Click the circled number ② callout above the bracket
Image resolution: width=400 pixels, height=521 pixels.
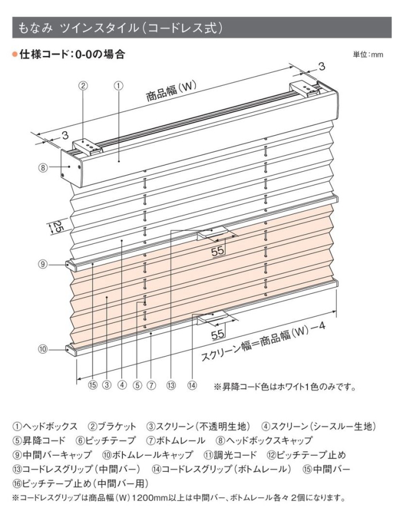point(83,86)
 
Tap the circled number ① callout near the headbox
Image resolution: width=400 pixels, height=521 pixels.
point(119,86)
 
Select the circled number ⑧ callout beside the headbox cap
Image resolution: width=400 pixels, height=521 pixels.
point(43,168)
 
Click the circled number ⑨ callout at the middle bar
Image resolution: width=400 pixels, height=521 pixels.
point(43,265)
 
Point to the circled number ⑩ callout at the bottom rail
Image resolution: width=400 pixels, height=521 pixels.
point(43,349)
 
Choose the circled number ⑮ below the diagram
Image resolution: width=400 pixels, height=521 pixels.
point(93,385)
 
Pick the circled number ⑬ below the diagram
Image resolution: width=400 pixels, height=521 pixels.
point(171,385)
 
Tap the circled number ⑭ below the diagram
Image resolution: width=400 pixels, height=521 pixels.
point(192,385)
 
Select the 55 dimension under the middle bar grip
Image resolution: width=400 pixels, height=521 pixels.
point(218,251)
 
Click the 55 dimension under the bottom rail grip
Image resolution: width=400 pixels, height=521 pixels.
point(218,334)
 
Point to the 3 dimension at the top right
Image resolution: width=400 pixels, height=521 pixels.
point(322,67)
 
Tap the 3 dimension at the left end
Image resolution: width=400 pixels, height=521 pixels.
point(65,135)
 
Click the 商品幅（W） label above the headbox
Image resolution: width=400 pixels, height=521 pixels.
point(171,91)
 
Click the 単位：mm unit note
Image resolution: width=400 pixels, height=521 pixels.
point(368,54)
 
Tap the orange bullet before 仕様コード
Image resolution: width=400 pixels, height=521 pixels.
point(15,54)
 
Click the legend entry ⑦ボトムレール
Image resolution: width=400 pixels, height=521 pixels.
point(175,441)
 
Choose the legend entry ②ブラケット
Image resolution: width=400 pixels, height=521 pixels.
point(112,427)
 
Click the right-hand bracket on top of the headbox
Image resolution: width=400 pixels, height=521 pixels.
point(304,89)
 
